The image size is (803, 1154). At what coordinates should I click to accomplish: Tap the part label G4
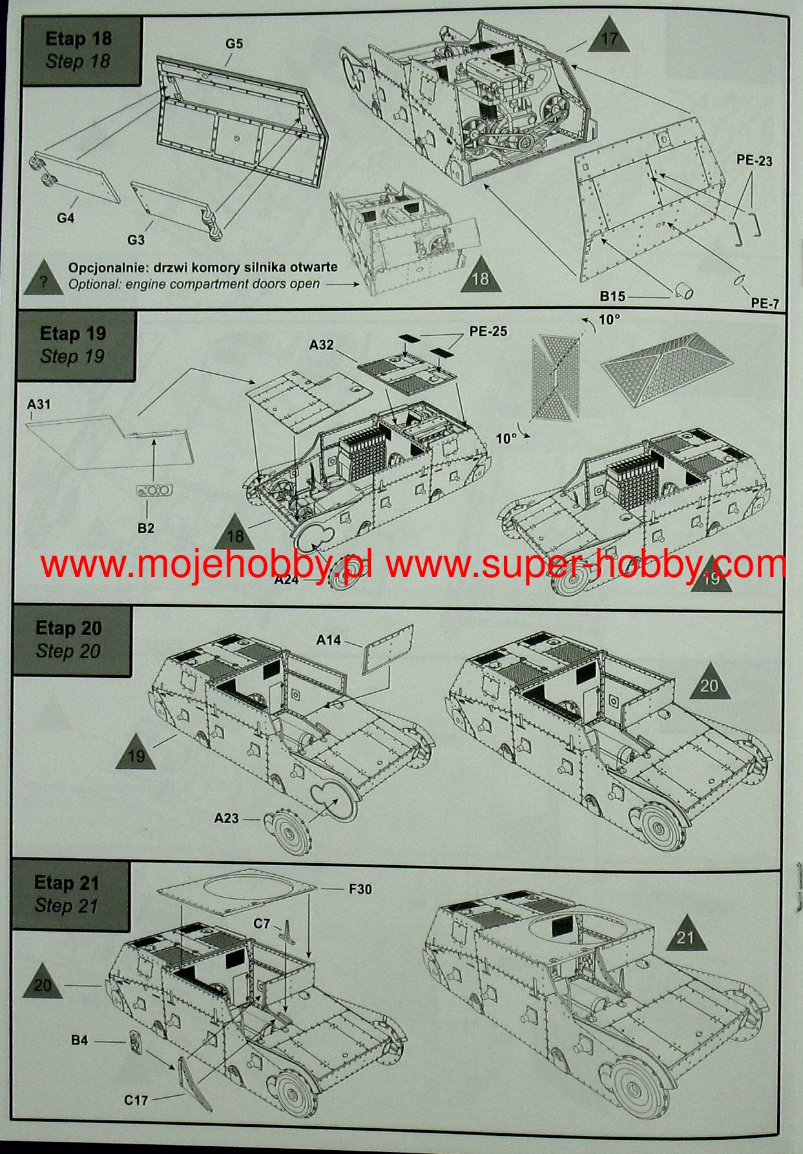tap(65, 218)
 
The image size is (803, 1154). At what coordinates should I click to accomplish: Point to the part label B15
tap(612, 296)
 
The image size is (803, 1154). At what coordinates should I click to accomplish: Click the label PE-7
tap(765, 303)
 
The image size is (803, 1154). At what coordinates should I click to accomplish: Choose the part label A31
tap(39, 404)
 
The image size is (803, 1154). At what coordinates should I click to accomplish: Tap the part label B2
tap(146, 528)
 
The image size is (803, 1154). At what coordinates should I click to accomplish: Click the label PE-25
tap(488, 331)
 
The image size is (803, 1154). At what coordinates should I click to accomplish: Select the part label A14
tap(328, 640)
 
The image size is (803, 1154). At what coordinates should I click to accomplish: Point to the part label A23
tap(226, 818)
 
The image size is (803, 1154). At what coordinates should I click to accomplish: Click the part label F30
tap(360, 889)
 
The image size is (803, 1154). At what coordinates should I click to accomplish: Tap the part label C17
tap(136, 1099)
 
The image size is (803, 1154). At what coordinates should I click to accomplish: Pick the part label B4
tap(79, 1040)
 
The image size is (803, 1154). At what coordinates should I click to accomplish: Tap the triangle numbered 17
tap(609, 40)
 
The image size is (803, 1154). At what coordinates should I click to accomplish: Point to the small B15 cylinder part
tap(683, 292)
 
